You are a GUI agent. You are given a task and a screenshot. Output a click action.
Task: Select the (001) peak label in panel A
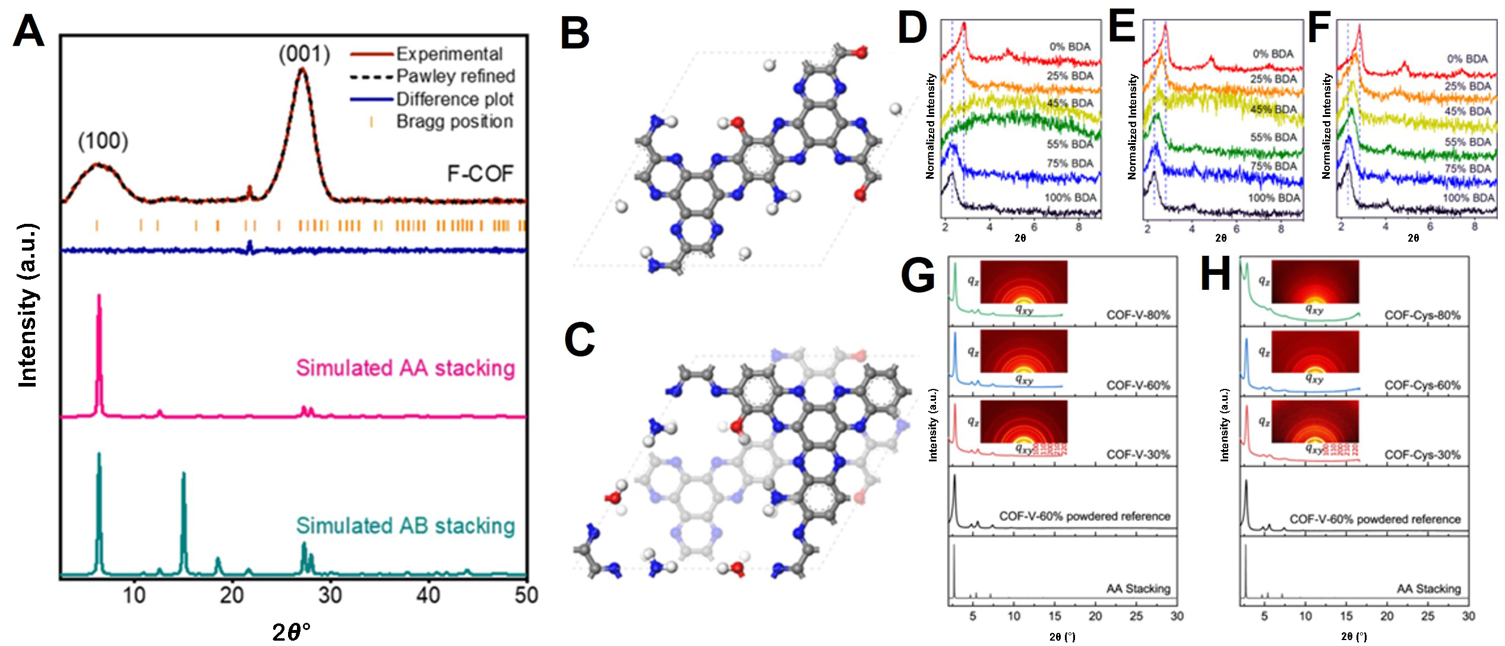304,54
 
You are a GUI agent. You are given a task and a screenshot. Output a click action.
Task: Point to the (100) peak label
103,141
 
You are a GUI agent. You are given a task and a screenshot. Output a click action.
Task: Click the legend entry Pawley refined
455,76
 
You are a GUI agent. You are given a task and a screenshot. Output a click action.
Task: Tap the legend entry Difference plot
454,99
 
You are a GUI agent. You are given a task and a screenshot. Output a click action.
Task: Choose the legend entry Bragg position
454,122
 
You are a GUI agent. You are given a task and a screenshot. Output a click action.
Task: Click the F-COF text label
479,174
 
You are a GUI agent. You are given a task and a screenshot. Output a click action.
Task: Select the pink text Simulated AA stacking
405,368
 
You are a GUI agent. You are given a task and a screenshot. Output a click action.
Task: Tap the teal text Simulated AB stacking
405,526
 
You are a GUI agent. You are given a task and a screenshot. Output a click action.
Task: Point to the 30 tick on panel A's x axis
330,595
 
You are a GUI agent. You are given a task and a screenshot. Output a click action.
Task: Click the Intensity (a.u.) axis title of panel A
28,306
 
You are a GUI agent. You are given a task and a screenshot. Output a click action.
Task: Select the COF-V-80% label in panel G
1137,315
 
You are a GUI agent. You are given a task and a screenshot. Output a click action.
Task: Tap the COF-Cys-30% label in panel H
1422,455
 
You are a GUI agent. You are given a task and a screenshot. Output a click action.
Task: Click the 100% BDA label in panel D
1070,198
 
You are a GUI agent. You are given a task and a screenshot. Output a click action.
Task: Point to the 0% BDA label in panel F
1467,59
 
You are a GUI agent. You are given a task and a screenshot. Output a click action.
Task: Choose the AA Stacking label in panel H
1428,589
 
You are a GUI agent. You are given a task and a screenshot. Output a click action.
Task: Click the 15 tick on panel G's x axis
1054,616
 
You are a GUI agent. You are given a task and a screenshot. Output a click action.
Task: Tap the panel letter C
579,340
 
